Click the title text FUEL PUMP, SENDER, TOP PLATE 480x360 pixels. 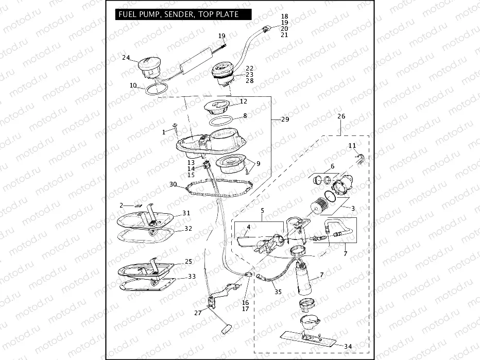point(178,14)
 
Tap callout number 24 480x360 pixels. point(126,58)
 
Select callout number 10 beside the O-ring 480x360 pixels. point(133,85)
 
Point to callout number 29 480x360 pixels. point(285,119)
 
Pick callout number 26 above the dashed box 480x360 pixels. point(341,116)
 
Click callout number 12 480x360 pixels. point(244,101)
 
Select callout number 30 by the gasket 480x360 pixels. point(173,184)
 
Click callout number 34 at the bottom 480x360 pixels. point(348,346)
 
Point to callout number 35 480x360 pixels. point(278,292)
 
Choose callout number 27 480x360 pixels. point(198,312)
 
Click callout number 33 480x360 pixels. point(192,277)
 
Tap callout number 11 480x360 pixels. point(352,146)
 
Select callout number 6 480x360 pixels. point(332,166)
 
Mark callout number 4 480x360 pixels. point(248,227)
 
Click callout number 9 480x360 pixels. point(258,163)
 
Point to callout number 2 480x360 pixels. point(122,205)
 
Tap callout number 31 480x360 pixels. point(186,213)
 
